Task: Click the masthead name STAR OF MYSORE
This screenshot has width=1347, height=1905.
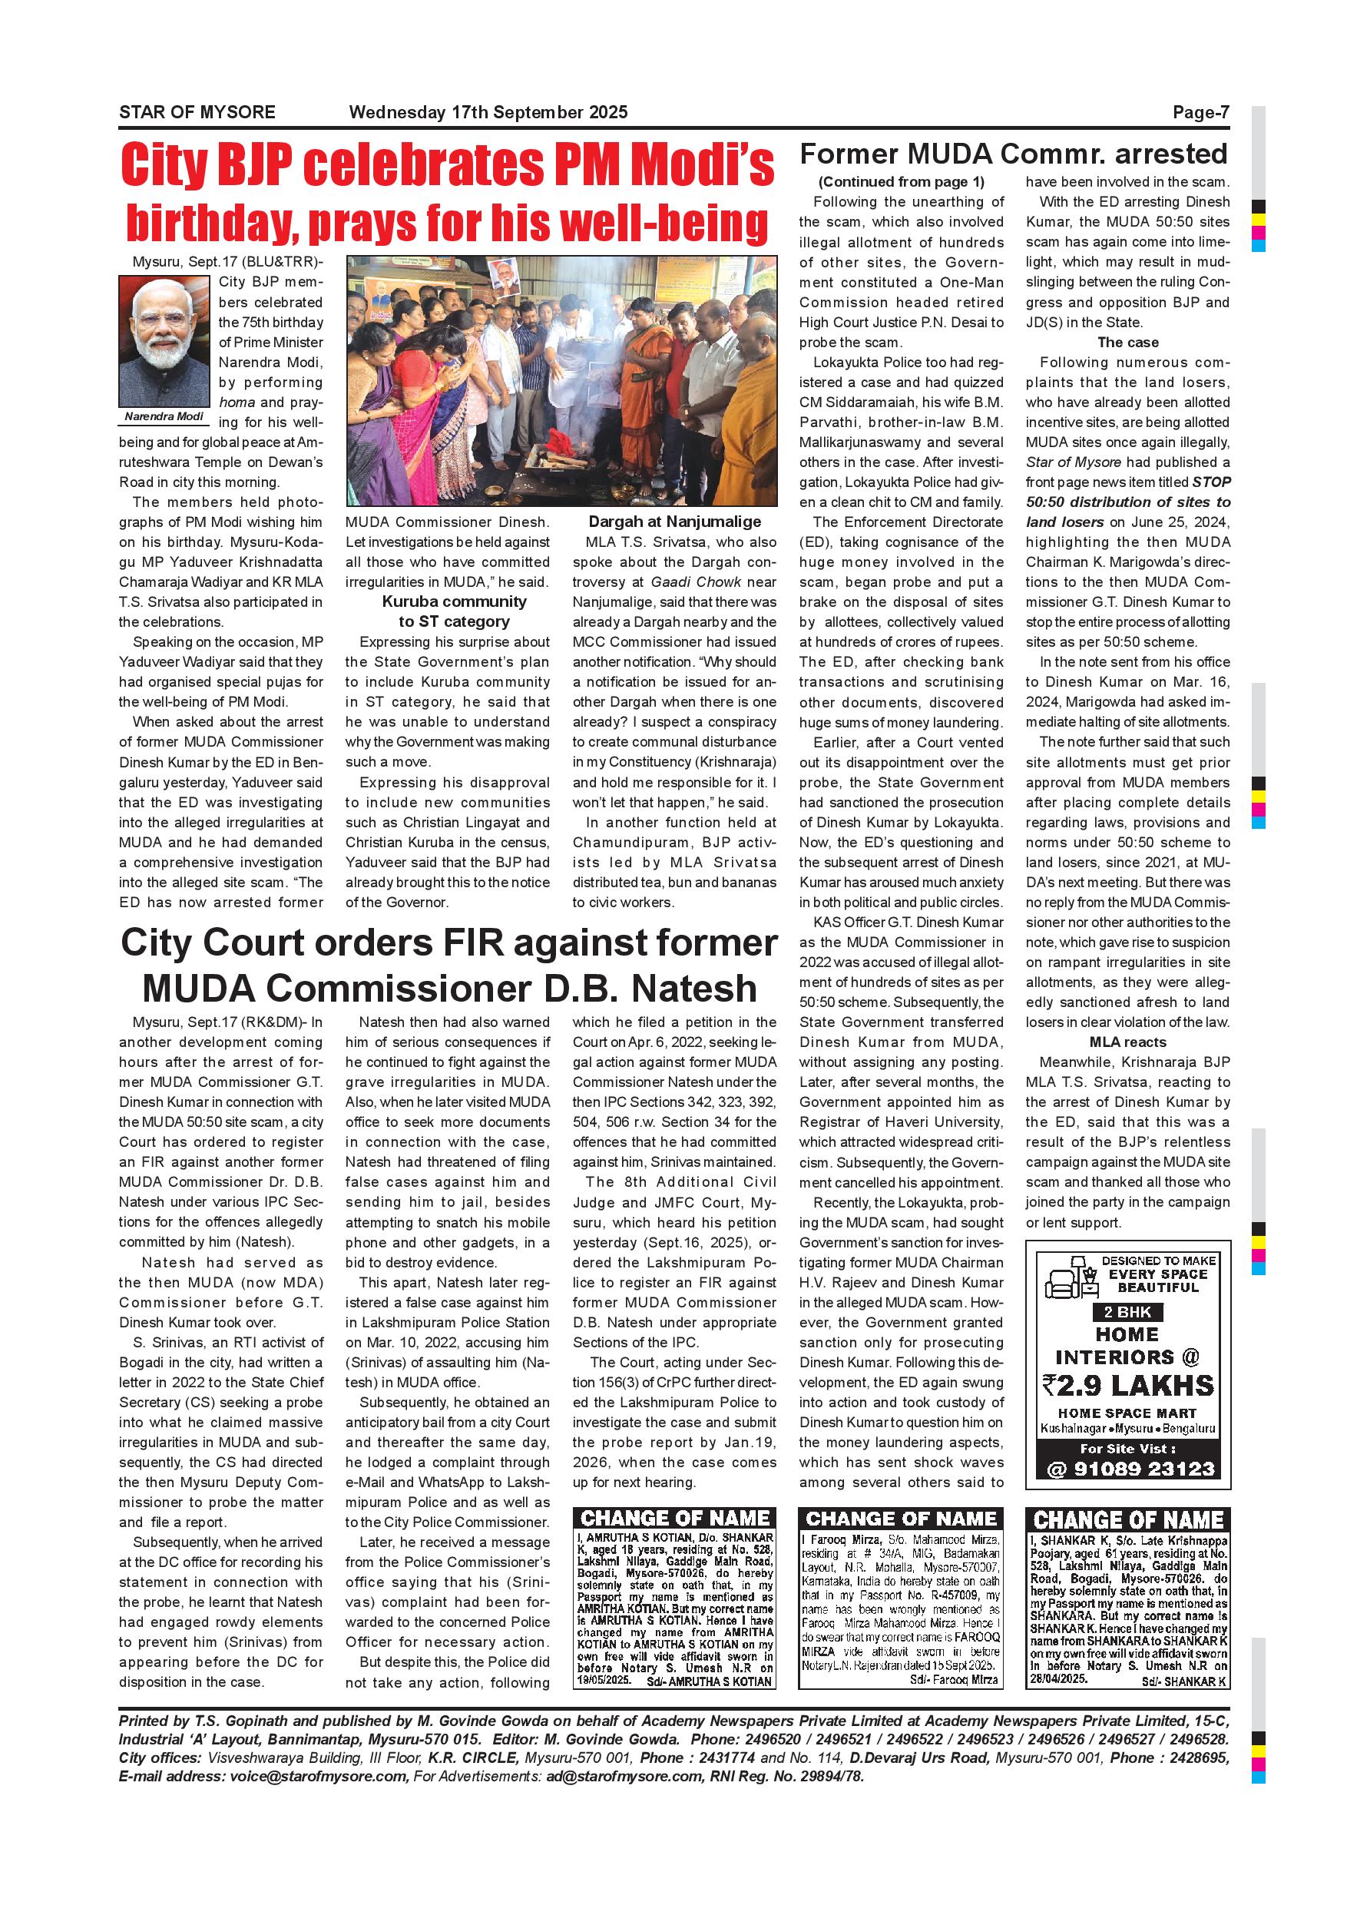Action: click(197, 112)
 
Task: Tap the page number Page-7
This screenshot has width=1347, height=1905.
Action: click(1200, 112)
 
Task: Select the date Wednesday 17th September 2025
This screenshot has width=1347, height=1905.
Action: click(488, 112)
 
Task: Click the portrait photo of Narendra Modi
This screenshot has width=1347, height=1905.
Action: click(164, 341)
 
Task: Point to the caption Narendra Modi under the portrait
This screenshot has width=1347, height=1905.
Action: click(164, 416)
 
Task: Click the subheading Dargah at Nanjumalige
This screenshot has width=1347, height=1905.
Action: click(674, 522)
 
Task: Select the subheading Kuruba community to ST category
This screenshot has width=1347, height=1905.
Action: click(454, 611)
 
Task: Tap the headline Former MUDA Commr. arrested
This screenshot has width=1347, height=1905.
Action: click(1013, 154)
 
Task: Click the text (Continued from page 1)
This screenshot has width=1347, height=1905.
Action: click(901, 182)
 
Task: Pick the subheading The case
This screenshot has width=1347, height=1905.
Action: click(1127, 342)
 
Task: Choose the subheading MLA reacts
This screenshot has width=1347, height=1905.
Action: click(1127, 1042)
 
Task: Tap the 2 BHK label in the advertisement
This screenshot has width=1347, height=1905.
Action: click(1127, 1312)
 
